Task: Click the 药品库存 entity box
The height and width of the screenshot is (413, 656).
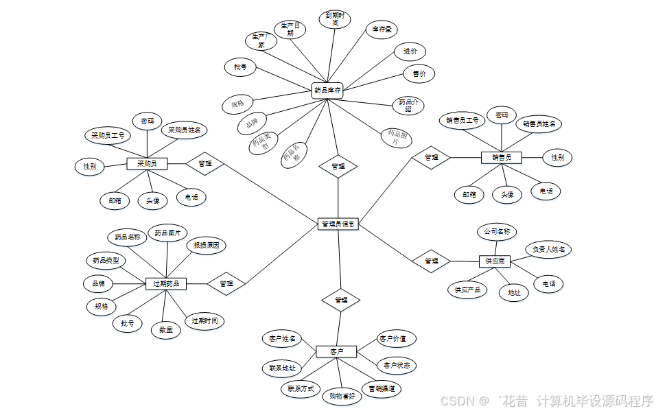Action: tap(327, 90)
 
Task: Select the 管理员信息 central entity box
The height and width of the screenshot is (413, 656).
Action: tap(338, 224)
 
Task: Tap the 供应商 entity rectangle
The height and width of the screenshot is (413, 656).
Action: tap(495, 261)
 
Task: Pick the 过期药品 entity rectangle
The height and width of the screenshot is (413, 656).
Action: tap(166, 283)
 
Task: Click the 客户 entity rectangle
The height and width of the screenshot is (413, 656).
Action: tap(336, 351)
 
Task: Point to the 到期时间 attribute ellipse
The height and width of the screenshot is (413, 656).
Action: tap(335, 19)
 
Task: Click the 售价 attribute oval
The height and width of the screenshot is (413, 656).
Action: tap(419, 73)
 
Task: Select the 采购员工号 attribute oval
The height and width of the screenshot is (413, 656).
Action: tap(108, 135)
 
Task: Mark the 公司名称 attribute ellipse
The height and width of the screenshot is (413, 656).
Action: tap(497, 232)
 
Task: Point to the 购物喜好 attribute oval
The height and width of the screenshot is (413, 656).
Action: tap(342, 396)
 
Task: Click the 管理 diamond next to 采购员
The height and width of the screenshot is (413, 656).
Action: tap(204, 163)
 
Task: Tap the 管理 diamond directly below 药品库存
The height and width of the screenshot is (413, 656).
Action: tap(338, 166)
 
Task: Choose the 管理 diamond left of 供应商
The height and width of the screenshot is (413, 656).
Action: tap(431, 261)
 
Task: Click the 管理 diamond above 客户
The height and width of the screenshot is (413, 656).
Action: tap(341, 300)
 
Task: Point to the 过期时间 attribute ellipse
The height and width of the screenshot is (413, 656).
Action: tap(204, 320)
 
